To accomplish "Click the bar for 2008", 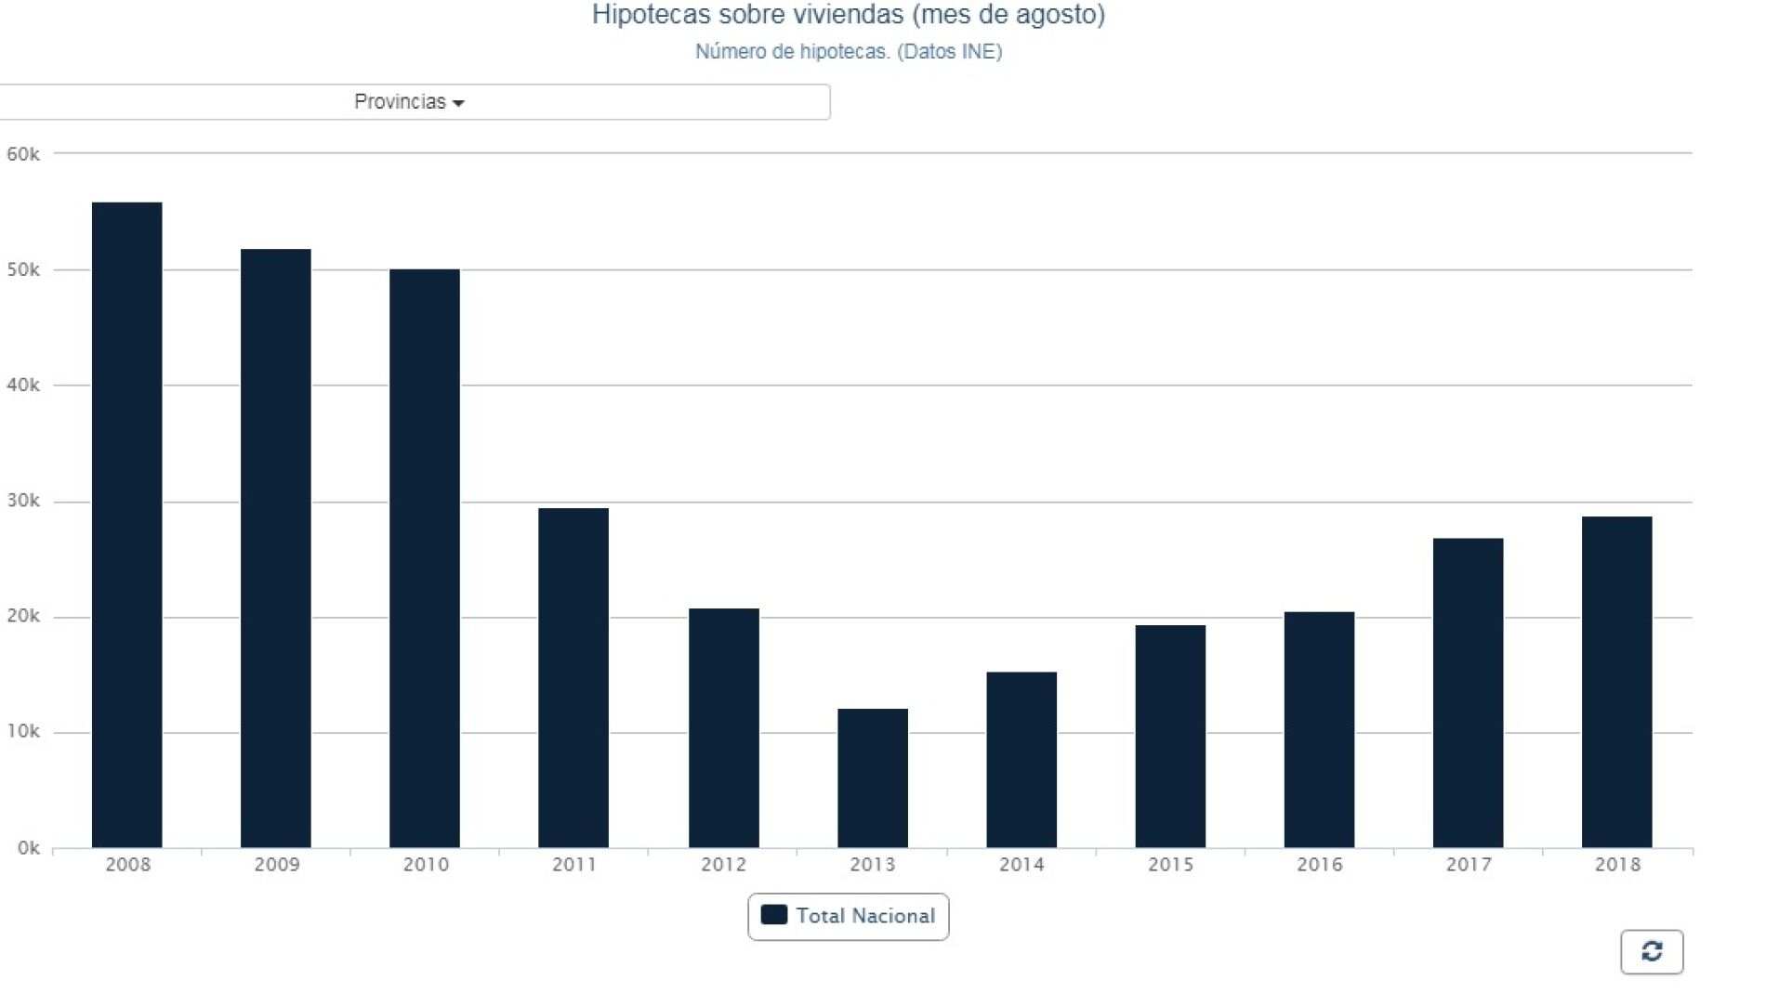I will pos(126,525).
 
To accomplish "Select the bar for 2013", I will pos(872,778).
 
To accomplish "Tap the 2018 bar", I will pos(1616,682).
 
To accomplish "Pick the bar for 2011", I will pos(573,678).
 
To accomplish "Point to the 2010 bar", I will pos(424,558).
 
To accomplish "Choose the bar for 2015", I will pos(1169,737).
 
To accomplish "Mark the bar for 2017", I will pos(1468,693).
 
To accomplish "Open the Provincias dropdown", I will pos(409,102).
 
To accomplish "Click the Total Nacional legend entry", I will pos(848,916).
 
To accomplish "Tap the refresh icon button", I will pos(1651,951).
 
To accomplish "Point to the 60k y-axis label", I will pos(23,154).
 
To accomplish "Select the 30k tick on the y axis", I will pos(23,501).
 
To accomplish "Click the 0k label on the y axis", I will pos(28,848).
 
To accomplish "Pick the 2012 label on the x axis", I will pos(723,865).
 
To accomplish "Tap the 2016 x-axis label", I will pos(1319,865).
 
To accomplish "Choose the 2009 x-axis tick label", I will pos(277,865).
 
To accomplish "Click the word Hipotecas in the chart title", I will pos(651,15).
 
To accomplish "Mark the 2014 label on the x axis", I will pos(1021,865).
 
